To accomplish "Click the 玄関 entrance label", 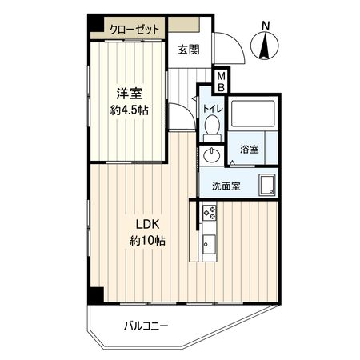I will click(x=189, y=50).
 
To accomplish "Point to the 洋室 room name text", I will click(x=124, y=93).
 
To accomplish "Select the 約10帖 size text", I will click(x=146, y=240).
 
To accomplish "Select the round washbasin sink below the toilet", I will click(x=212, y=155).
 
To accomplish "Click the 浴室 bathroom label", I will click(x=249, y=150).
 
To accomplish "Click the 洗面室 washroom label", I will click(x=227, y=186).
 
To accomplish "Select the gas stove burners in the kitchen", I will click(x=210, y=214).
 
